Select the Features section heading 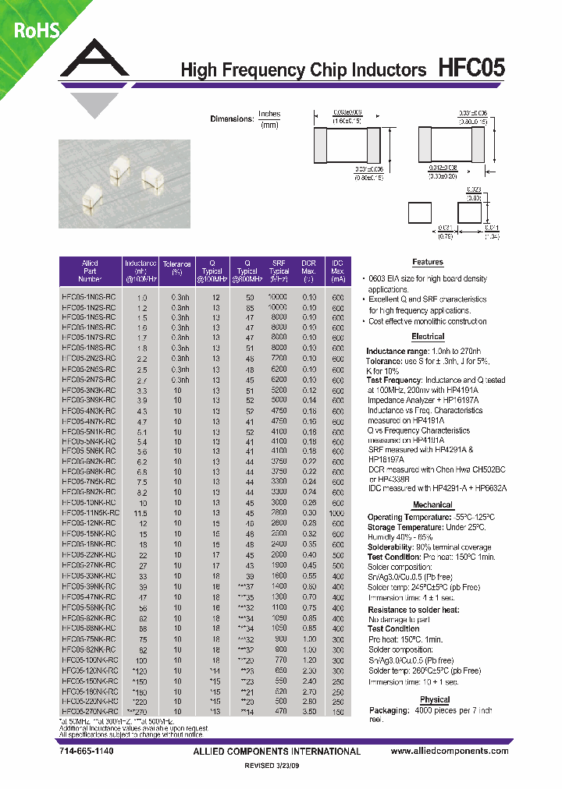point(427,263)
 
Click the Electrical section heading point(427,337)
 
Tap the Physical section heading point(435,699)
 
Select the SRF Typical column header point(279,271)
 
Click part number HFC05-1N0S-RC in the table point(89,297)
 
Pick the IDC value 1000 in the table point(337,513)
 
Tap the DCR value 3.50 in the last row point(310,712)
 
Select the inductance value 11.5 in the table point(141,513)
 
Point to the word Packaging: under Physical point(389,710)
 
